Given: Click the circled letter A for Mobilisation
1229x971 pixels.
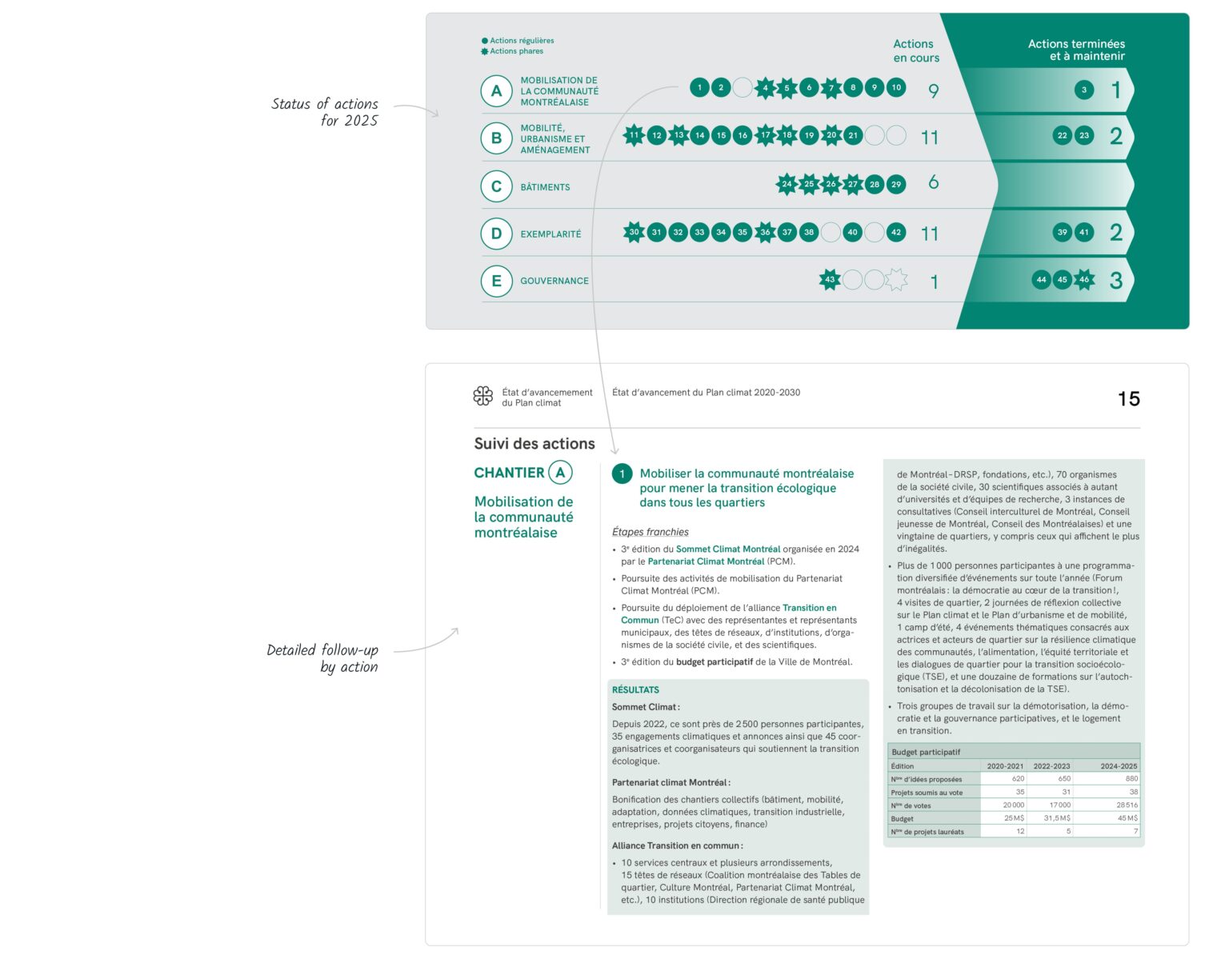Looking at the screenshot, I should (496, 91).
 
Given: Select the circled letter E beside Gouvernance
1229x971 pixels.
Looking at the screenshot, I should (496, 281).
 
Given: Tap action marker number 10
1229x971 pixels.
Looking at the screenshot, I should (896, 87).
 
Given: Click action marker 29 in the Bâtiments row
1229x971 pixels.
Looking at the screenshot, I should (896, 184).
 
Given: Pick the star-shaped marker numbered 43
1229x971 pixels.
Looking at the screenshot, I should (830, 280).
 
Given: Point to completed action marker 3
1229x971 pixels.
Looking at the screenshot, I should (1084, 90).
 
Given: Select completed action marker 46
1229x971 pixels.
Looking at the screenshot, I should (1084, 280).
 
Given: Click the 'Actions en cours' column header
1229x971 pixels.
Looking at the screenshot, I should (915, 51).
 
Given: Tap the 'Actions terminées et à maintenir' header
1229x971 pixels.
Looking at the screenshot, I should (1076, 50).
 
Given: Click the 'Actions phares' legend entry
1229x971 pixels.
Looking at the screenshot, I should (516, 51).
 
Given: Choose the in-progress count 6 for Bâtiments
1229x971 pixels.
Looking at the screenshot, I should (933, 183).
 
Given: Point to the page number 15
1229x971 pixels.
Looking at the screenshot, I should (1128, 399).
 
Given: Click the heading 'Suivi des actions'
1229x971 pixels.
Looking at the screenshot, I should (534, 444).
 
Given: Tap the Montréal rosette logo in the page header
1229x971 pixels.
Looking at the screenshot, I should (483, 396).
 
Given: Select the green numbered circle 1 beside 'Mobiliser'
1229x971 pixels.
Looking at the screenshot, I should (622, 474).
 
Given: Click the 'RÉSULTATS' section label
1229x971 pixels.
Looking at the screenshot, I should (635, 689).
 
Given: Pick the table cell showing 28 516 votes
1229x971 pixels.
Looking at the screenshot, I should (1126, 805).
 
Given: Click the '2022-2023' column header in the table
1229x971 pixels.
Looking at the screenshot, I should (1051, 766).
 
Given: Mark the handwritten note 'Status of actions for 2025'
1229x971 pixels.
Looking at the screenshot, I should (325, 112).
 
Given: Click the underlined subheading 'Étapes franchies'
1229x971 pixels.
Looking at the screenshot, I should (650, 532).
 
